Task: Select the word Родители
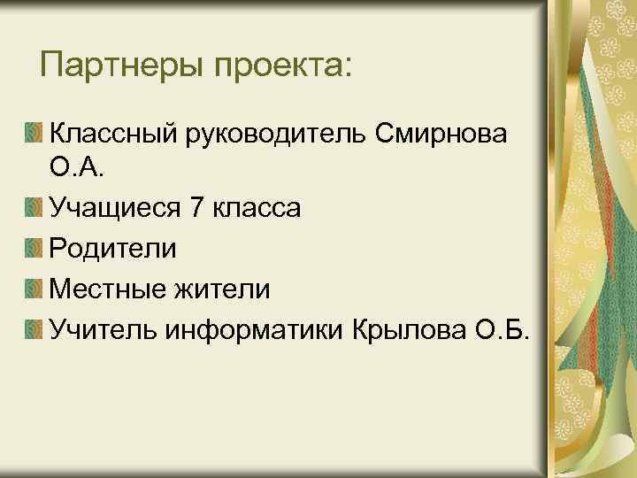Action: coord(112,249)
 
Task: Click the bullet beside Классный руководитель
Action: coord(33,134)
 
